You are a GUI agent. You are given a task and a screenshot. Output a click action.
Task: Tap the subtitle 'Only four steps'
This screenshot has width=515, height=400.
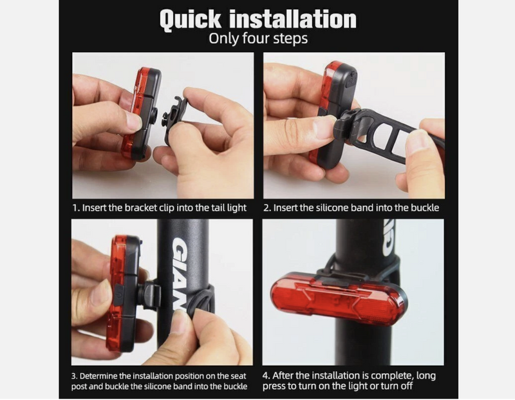(x=258, y=39)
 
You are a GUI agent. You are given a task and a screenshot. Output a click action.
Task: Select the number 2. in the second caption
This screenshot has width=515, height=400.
(x=268, y=208)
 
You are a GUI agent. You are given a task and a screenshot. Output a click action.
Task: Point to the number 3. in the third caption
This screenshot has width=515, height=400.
(x=75, y=374)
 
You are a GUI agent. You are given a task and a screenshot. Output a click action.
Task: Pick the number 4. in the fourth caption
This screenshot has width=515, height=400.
(x=267, y=374)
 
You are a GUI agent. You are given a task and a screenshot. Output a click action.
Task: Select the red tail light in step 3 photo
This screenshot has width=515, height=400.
(x=117, y=293)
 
